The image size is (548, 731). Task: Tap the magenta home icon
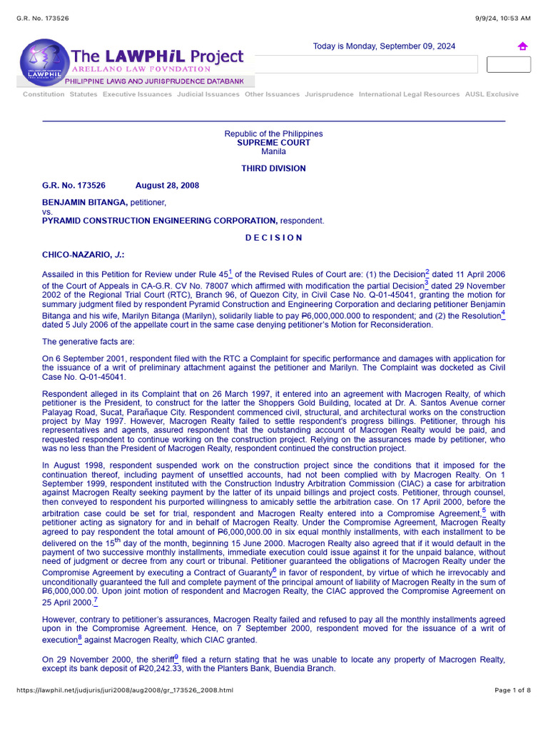click(x=522, y=46)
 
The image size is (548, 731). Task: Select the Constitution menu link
click(x=44, y=94)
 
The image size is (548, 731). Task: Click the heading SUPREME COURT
click(x=273, y=143)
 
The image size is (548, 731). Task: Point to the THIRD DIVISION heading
click(x=273, y=168)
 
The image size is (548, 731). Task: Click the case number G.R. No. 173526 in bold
click(x=73, y=186)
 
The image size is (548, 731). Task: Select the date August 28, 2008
click(x=167, y=186)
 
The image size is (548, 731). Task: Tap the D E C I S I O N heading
click(x=273, y=238)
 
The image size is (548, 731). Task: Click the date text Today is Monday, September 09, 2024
click(x=384, y=46)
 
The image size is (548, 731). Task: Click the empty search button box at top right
click(x=508, y=64)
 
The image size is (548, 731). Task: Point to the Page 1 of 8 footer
click(x=512, y=690)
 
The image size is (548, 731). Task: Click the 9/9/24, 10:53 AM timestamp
click(x=503, y=17)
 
